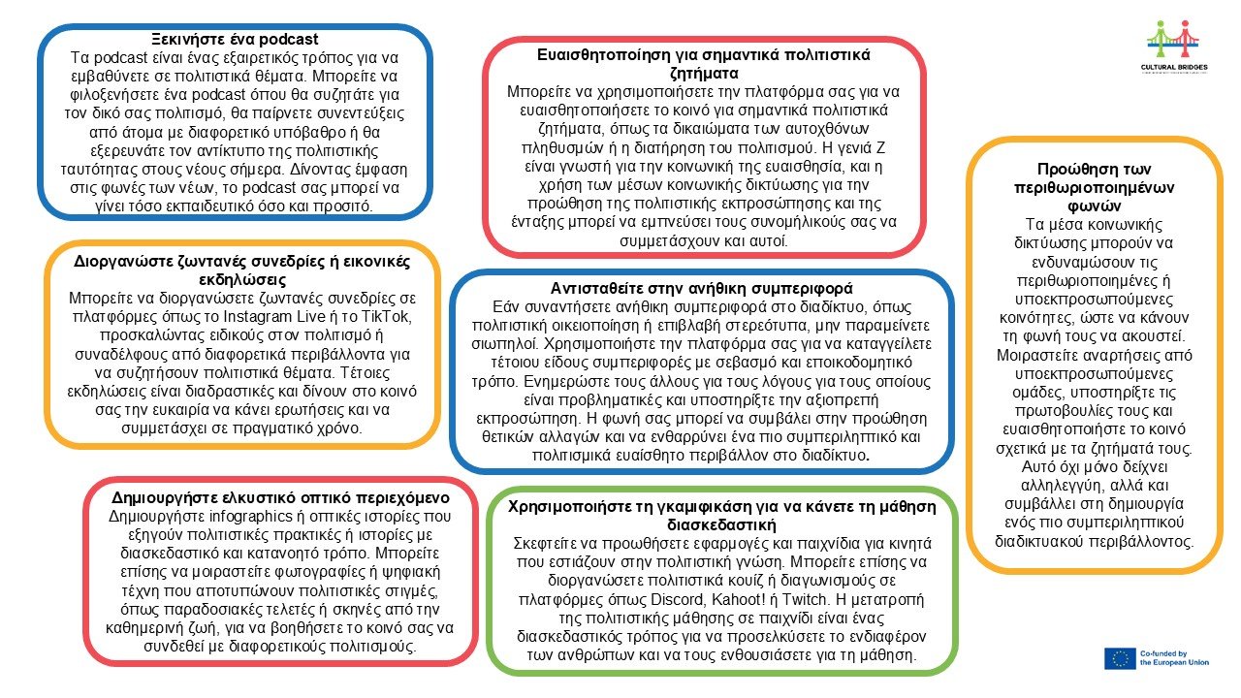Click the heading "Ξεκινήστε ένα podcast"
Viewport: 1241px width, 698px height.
pyautogui.click(x=235, y=40)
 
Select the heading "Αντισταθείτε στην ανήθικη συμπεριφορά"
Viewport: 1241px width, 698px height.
pyautogui.click(x=702, y=288)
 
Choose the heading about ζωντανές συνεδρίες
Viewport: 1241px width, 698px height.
pyautogui.click(x=241, y=270)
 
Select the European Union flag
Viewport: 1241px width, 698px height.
pyautogui.click(x=1119, y=658)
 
